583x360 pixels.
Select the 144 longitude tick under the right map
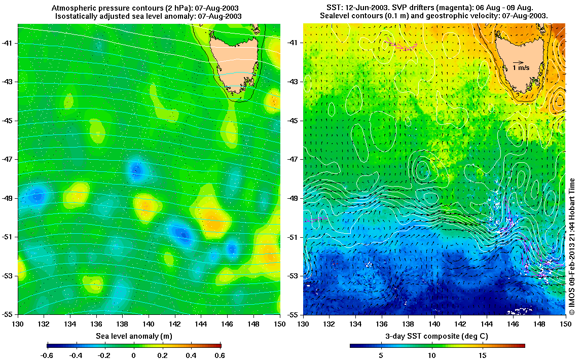(x=486, y=323)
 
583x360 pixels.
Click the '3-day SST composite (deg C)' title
(x=434, y=336)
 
